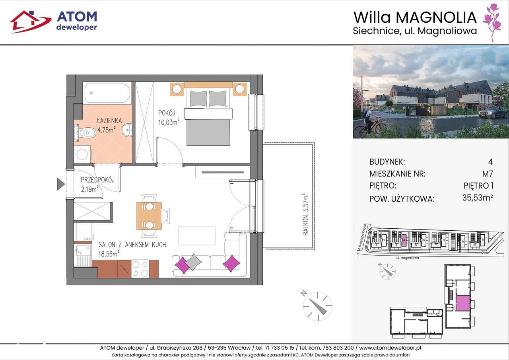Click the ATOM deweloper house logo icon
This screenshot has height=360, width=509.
pyautogui.click(x=30, y=21)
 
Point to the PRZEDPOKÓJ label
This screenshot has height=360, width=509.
pyautogui.click(x=97, y=180)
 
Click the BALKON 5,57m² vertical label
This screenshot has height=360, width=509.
pyautogui.click(x=305, y=215)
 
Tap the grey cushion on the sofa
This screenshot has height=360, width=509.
pyautogui.click(x=193, y=262)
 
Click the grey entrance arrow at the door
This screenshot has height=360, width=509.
pyautogui.click(x=60, y=184)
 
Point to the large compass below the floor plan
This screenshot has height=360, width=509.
pyautogui.click(x=317, y=306)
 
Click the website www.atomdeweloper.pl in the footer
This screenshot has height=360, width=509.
pyautogui.click(x=390, y=347)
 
